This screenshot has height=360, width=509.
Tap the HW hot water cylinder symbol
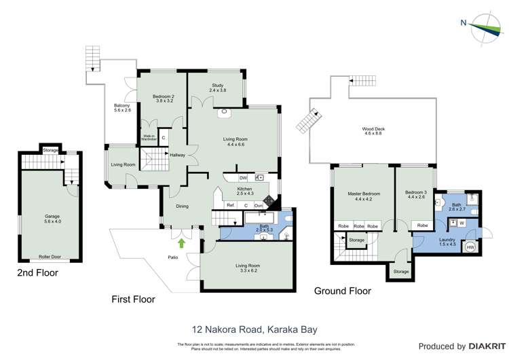[x=470, y=247]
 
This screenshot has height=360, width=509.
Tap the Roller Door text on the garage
[x=48, y=258]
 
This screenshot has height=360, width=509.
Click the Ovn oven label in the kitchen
[x=259, y=205]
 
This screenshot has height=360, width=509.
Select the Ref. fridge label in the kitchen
[x=231, y=205]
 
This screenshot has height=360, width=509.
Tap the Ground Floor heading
[x=342, y=291]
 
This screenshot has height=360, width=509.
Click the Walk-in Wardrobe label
[x=149, y=137]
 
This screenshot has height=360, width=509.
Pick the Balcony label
[x=121, y=108]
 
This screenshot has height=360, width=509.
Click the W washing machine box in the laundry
[x=461, y=222]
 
